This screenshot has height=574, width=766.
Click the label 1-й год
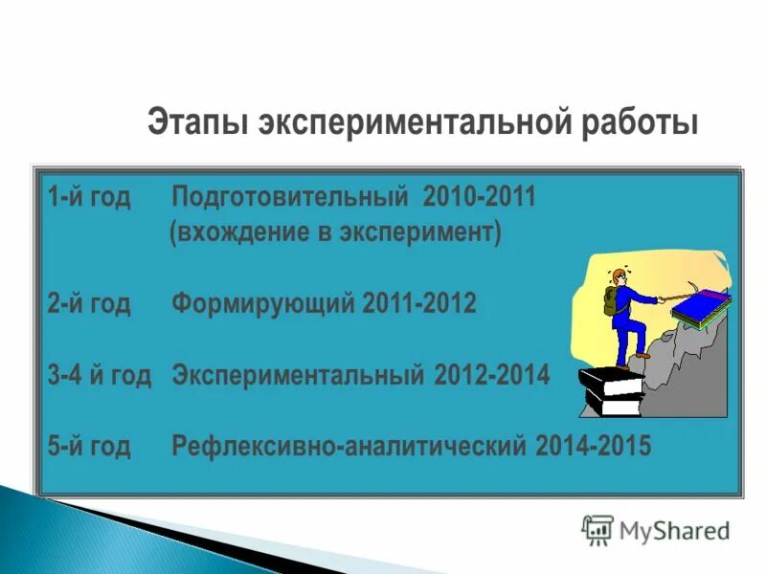coord(88,198)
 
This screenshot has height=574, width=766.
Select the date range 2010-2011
coord(477,198)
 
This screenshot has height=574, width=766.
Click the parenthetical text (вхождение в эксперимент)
coord(335,232)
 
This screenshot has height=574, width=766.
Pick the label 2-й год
coord(88,304)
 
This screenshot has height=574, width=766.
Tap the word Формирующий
coord(263,304)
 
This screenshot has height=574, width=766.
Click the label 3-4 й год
coord(100,375)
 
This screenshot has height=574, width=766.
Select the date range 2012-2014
coord(492,375)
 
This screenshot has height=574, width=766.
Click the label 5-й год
coord(88,446)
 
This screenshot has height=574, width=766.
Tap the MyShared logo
coord(656,529)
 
